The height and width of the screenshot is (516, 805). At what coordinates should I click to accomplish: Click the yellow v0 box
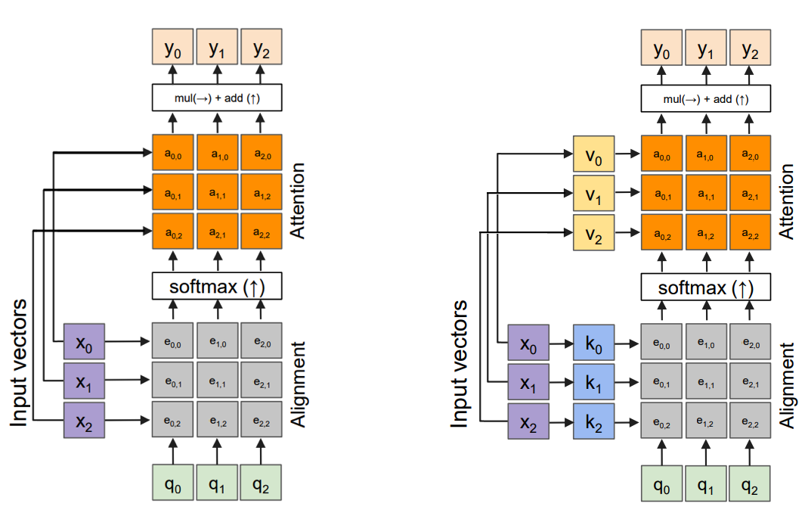594,154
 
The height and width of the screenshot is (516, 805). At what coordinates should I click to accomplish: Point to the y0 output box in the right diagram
661,50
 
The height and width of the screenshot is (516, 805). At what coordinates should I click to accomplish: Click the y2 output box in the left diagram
262,49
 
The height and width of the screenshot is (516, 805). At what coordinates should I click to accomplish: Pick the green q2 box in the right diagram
750,484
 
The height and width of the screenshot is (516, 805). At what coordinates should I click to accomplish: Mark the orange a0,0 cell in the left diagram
173,154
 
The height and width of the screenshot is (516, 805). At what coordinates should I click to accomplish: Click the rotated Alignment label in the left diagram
300,384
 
